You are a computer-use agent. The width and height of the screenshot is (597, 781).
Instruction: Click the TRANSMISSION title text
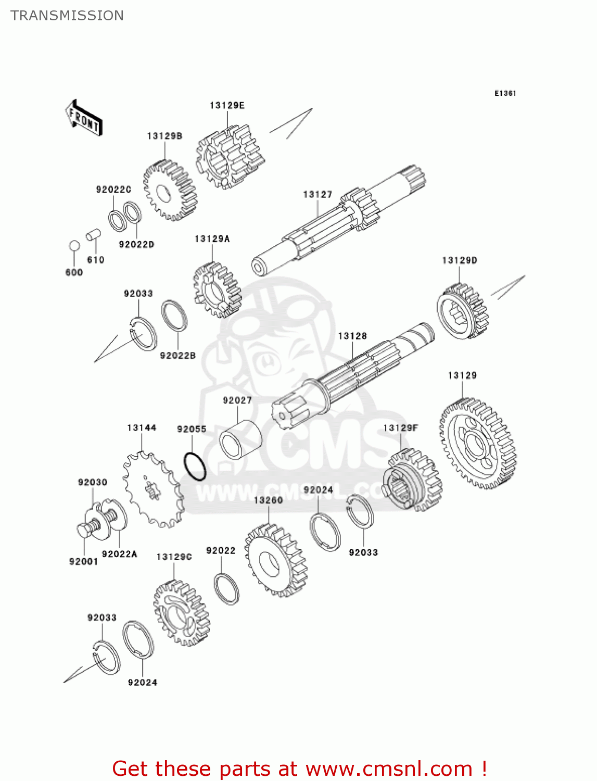click(x=67, y=16)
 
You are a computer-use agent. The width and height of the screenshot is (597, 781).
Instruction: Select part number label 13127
click(x=317, y=194)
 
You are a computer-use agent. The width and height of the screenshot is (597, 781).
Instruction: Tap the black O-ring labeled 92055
click(x=195, y=467)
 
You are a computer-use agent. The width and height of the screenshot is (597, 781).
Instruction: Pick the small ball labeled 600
click(x=74, y=246)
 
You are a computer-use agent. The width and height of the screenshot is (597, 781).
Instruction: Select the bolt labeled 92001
click(x=85, y=530)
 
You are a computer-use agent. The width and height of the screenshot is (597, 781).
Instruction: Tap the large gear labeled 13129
click(x=477, y=444)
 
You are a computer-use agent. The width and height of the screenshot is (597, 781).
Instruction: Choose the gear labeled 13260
click(x=275, y=560)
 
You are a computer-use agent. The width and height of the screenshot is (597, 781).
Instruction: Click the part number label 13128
click(x=352, y=336)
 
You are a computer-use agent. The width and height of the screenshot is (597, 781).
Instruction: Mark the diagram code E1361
click(x=505, y=93)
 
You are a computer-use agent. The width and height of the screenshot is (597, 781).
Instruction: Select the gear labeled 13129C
click(x=181, y=612)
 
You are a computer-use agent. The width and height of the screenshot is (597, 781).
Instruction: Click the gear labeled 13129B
click(x=170, y=190)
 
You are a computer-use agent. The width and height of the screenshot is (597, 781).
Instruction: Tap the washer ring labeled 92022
click(x=226, y=588)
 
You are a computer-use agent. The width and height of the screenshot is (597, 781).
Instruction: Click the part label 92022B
click(x=177, y=356)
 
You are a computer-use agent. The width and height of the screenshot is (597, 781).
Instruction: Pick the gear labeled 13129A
click(x=217, y=289)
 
